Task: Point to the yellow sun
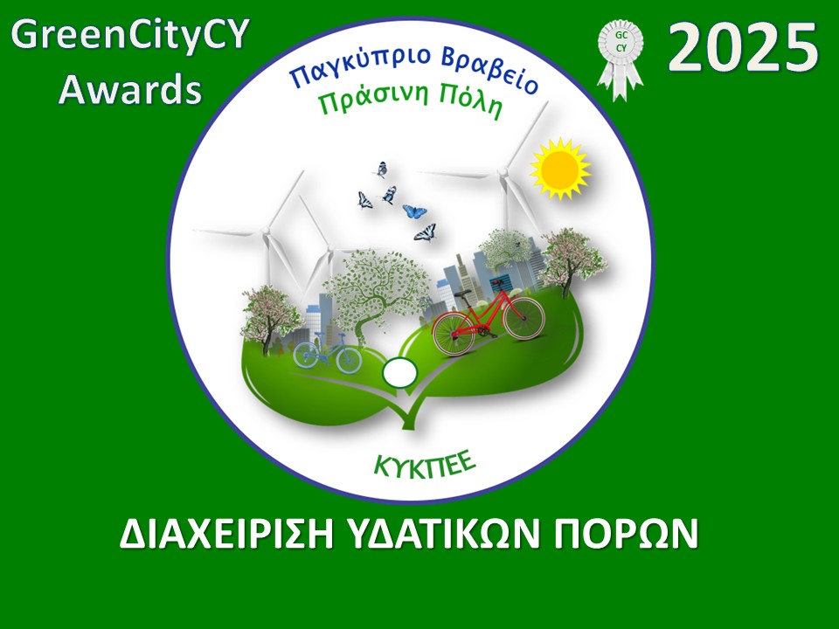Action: click(x=559, y=167)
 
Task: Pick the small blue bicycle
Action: click(x=328, y=352)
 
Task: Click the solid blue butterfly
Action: click(x=414, y=211)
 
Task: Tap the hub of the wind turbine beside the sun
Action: click(x=503, y=172)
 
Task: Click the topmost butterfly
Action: click(x=380, y=169)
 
